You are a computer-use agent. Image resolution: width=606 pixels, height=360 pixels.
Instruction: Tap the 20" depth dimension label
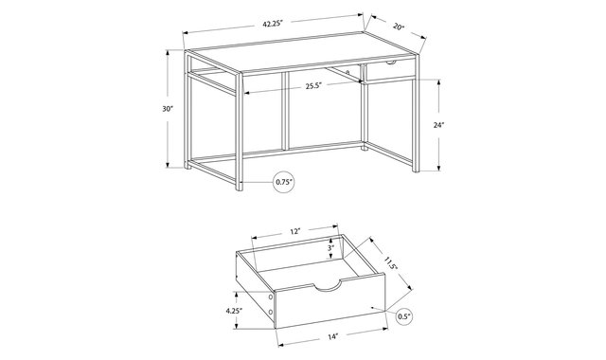pos(399,27)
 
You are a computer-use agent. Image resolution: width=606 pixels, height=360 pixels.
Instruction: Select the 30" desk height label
pos(168,109)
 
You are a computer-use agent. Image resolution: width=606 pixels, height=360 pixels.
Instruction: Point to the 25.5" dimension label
pos(313,86)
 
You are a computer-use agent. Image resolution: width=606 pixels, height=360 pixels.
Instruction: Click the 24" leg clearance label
pos(439,125)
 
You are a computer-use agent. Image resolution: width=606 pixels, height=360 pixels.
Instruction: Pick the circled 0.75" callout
pos(284,181)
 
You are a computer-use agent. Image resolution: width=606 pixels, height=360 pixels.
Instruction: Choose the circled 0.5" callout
pos(403,317)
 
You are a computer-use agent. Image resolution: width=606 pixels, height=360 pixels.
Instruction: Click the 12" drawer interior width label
pos(294,231)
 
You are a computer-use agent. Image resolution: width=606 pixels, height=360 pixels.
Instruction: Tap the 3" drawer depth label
pos(330,248)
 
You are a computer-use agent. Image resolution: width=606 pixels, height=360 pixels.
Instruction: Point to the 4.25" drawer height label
pos(234,310)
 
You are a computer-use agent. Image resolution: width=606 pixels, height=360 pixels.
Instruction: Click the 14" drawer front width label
pos(332,337)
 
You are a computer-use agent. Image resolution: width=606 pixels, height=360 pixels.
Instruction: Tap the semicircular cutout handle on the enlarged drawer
pos(328,287)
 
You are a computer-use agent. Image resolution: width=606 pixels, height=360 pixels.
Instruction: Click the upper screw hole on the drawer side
pos(271,297)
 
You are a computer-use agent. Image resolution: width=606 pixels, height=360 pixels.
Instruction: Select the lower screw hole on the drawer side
pos(271,312)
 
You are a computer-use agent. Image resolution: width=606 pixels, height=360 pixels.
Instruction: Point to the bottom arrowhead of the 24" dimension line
pos(439,168)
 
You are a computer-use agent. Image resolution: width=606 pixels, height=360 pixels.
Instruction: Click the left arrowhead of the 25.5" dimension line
pos(246,93)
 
